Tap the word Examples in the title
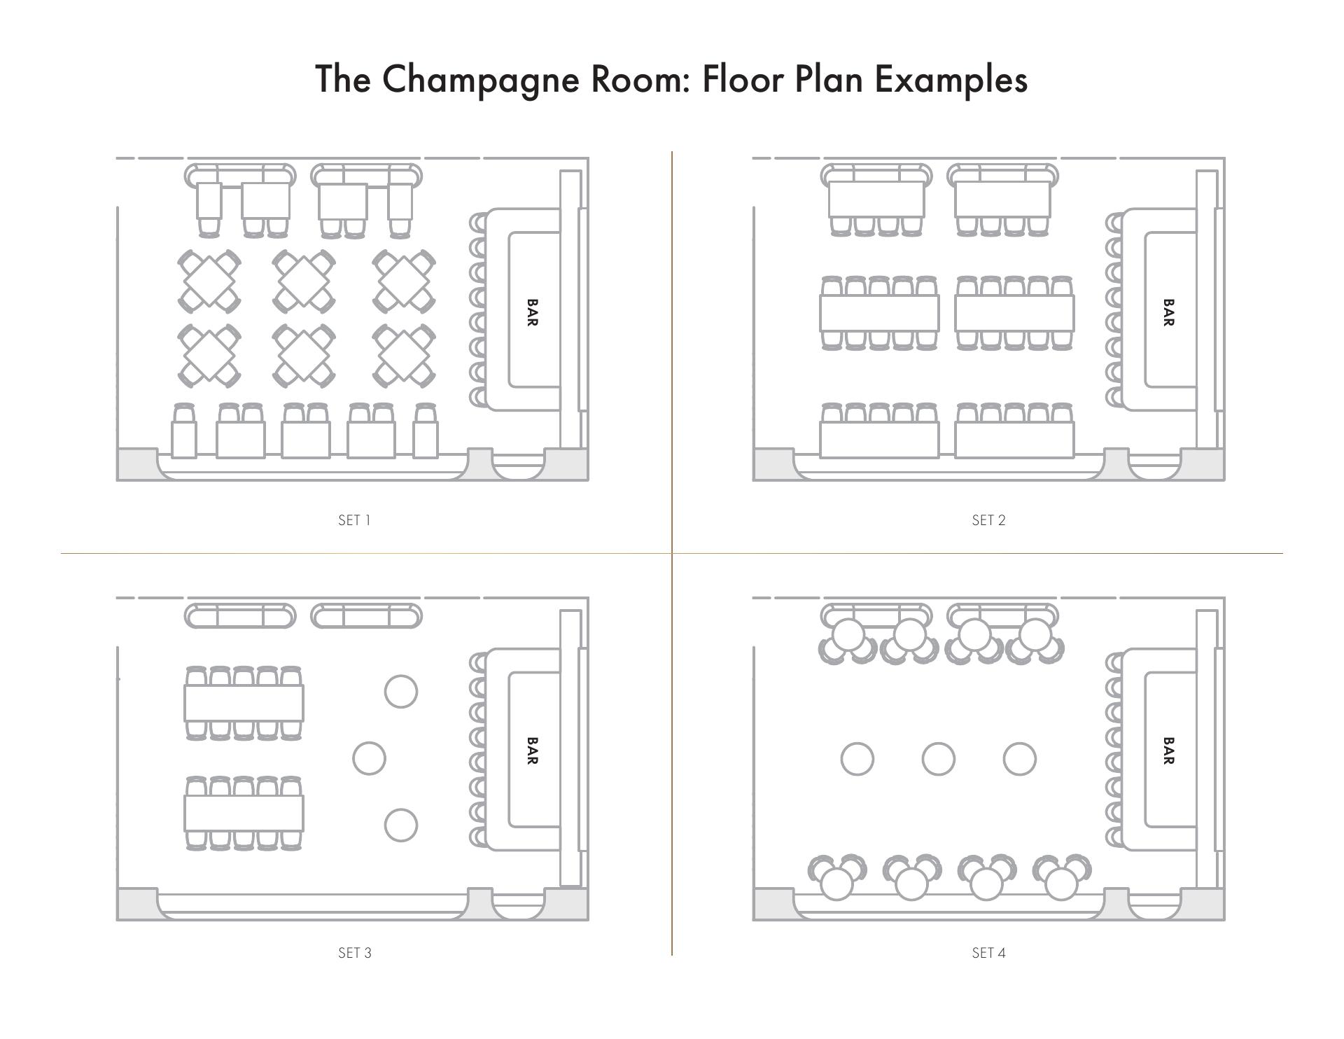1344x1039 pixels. [951, 78]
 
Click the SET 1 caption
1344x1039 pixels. [354, 520]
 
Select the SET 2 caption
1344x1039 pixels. [988, 520]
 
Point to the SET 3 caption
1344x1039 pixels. [355, 953]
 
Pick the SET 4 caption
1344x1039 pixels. [988, 953]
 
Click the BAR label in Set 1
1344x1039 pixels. [532, 312]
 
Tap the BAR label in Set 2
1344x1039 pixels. [1168, 312]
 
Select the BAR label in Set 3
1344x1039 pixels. [532, 751]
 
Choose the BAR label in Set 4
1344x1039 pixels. [1168, 751]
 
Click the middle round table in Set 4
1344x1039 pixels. [938, 759]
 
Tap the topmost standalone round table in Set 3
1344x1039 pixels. [401, 692]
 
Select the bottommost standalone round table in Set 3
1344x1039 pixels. [401, 825]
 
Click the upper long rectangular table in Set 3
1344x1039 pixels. [244, 703]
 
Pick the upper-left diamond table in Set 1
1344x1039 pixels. [209, 281]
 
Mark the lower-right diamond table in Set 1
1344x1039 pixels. [404, 355]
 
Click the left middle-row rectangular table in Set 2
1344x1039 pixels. [879, 313]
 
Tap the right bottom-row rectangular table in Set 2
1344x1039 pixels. [1014, 440]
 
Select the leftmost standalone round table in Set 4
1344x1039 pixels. [857, 759]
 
